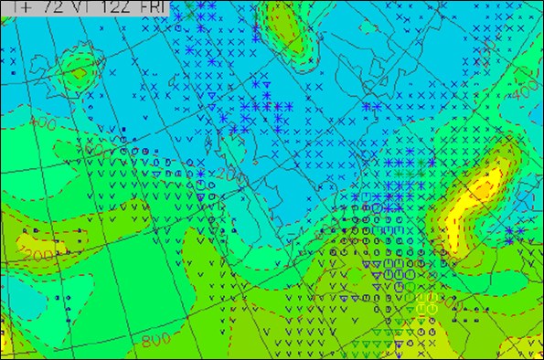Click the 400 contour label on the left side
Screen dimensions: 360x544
[x=40, y=122]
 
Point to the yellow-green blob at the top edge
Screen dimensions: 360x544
[x=288, y=32]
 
